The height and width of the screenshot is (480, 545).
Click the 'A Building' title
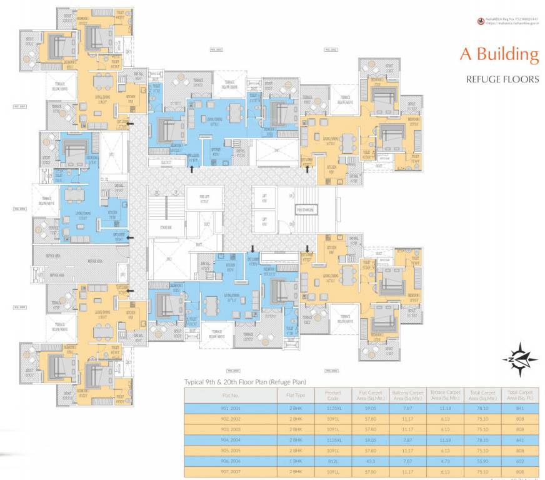[499, 54]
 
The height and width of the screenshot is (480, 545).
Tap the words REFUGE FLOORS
[502, 79]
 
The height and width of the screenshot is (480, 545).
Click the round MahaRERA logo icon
[481, 21]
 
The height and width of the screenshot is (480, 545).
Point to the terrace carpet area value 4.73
[445, 460]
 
